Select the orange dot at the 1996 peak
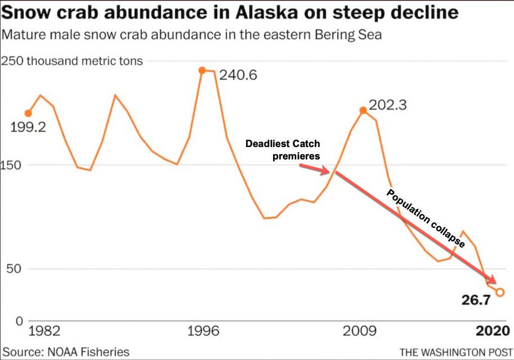click(202, 70)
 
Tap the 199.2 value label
click(28, 127)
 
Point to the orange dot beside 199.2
click(28, 113)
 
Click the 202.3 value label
click(388, 105)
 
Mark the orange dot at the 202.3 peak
click(362, 110)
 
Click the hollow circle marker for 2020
click(499, 292)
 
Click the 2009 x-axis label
click(359, 331)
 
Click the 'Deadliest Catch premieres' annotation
click(283, 150)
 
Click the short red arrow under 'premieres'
click(316, 169)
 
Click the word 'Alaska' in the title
click(244, 12)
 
